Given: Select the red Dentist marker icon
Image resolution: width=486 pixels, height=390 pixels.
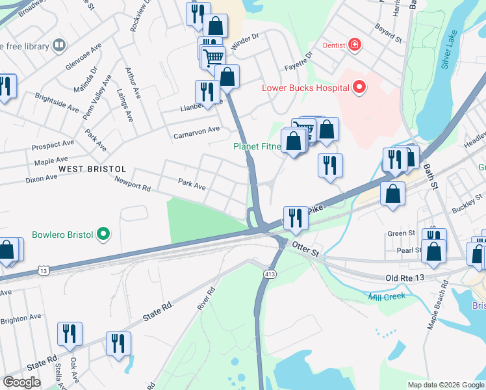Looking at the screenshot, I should [x=354, y=45].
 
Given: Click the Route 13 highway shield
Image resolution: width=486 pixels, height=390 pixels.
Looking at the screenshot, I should [x=43, y=269].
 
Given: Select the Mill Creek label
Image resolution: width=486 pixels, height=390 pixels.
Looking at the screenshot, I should [x=387, y=296].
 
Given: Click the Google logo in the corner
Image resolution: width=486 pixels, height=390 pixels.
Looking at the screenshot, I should [x=21, y=382].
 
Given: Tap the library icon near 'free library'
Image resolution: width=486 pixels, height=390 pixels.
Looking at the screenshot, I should [x=59, y=45].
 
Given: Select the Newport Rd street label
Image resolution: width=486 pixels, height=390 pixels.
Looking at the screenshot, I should [x=133, y=183].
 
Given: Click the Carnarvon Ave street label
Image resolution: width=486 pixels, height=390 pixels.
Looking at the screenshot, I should [x=196, y=133].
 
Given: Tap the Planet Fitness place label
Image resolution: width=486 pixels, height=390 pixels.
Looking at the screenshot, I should [x=257, y=146].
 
